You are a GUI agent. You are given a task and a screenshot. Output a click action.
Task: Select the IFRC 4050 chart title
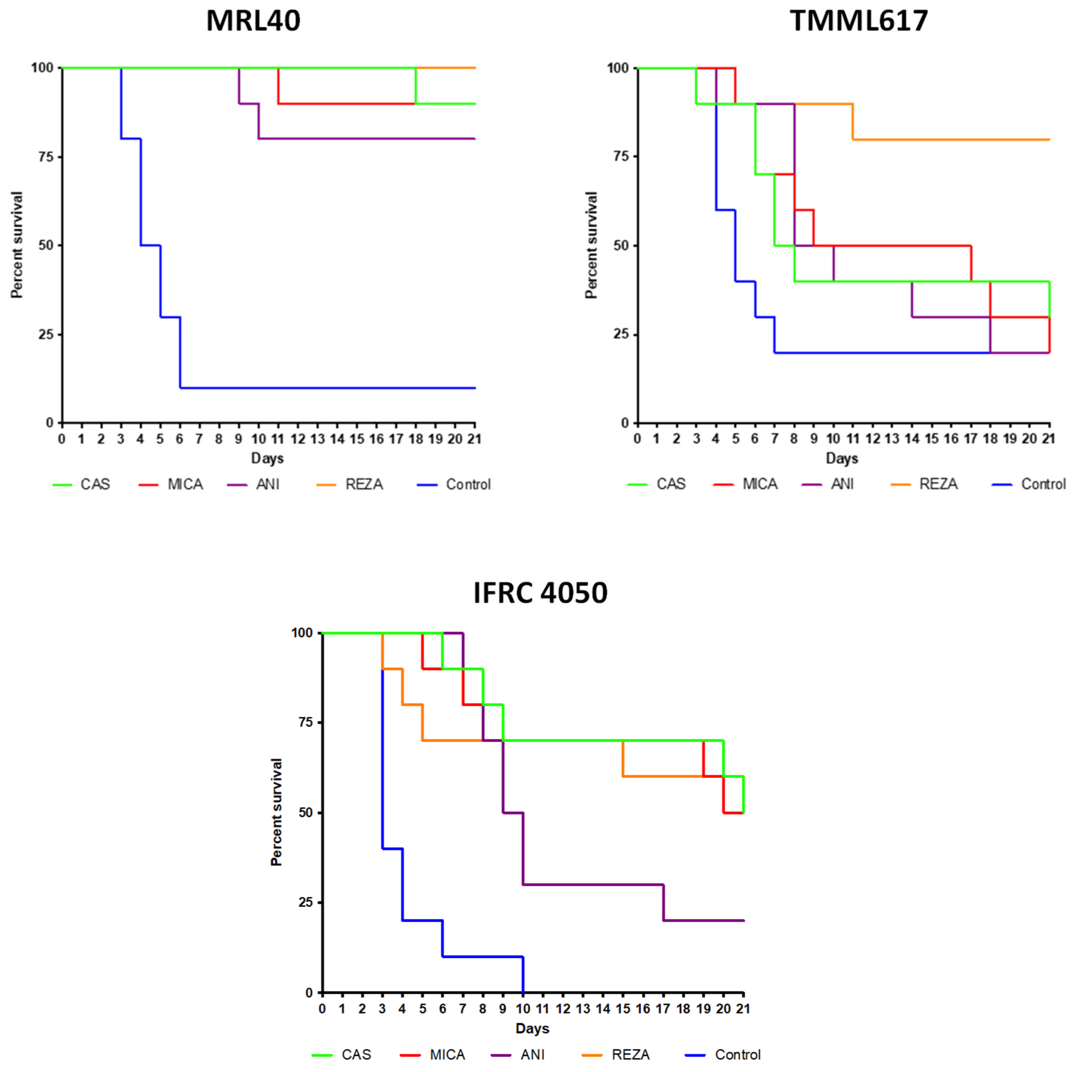[540, 592]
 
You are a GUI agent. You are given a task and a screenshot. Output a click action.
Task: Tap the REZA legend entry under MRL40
[349, 484]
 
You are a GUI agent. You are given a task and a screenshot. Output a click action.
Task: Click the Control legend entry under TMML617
[1028, 484]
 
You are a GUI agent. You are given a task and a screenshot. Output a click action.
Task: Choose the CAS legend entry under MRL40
[81, 484]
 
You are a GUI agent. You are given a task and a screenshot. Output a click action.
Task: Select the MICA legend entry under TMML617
[745, 484]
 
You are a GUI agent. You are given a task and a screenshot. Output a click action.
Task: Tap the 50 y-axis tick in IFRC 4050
[305, 813]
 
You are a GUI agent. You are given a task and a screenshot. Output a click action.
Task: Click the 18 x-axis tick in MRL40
[416, 439]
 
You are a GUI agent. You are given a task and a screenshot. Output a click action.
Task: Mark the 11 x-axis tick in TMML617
[853, 439]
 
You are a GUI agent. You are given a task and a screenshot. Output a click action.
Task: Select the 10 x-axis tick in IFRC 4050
[523, 1009]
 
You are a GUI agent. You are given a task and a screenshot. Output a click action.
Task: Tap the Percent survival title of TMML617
[592, 245]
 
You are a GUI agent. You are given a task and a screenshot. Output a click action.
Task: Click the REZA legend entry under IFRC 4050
[615, 1055]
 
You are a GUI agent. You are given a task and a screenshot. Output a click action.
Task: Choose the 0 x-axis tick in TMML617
[637, 439]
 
